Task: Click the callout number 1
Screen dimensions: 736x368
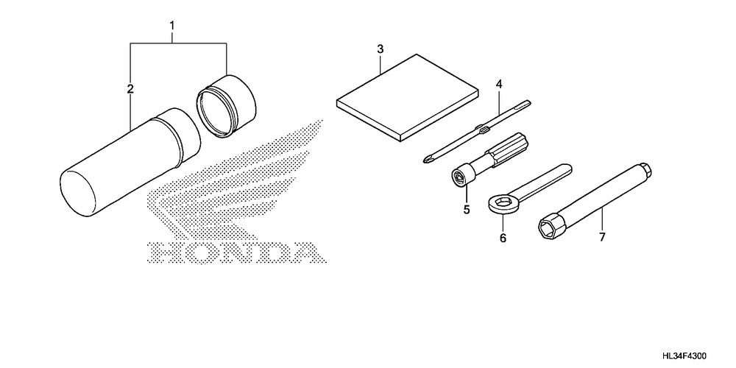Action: tap(172, 25)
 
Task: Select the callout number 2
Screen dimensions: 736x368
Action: tap(130, 89)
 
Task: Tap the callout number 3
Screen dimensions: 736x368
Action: tap(381, 49)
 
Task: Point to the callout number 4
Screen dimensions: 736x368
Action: tap(499, 85)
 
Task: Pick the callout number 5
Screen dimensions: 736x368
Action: tap(467, 209)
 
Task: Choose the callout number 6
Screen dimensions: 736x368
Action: tap(503, 238)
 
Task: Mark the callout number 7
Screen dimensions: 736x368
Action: tap(602, 237)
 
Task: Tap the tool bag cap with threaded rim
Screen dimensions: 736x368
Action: tap(226, 106)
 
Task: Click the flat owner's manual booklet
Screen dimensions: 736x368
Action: tap(408, 97)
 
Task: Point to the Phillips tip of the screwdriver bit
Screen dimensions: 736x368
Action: tap(427, 160)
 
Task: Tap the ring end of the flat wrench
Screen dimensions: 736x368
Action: tap(500, 204)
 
